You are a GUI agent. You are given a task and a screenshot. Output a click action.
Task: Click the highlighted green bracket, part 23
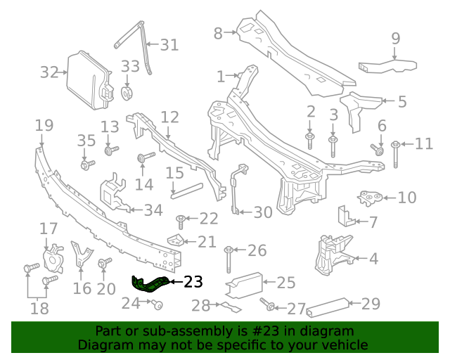click(150, 285)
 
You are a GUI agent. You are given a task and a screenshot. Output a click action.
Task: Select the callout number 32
click(49, 72)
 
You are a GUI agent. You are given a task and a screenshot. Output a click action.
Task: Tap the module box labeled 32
click(88, 79)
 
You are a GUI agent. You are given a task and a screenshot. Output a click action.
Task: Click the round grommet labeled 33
click(127, 93)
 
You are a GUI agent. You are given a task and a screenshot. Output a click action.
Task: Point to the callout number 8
click(217, 33)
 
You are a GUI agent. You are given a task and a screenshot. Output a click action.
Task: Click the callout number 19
click(44, 125)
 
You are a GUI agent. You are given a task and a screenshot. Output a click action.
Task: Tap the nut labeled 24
click(158, 304)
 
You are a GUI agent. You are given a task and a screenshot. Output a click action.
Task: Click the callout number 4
click(373, 259)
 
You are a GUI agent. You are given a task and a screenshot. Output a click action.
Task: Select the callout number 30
click(262, 212)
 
